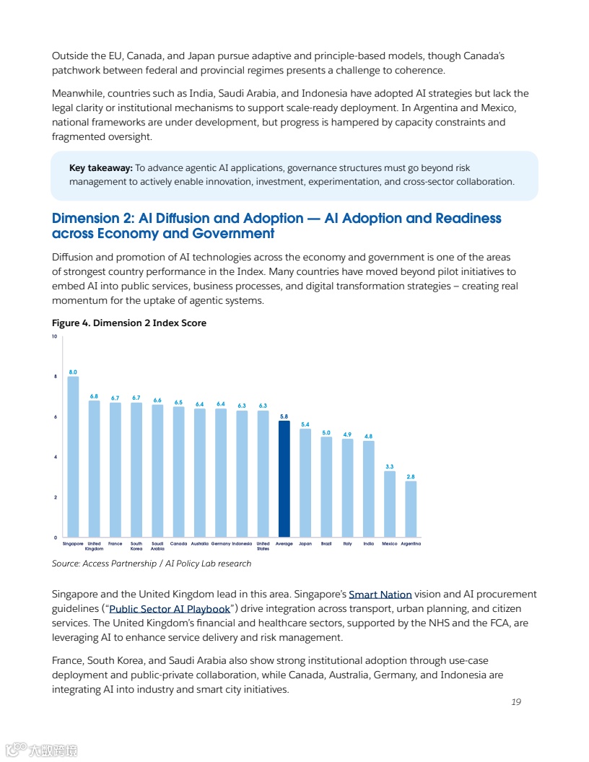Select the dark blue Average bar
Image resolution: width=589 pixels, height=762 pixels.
[x=284, y=479]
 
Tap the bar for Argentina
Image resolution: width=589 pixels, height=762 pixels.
[x=411, y=509]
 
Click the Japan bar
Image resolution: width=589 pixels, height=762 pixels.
[x=305, y=483]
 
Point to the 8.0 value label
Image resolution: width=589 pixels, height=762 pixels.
[x=73, y=372]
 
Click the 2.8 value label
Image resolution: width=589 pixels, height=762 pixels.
[x=411, y=476]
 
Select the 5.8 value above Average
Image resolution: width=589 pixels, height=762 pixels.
[x=284, y=416]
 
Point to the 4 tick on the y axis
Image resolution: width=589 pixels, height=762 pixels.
[x=54, y=457]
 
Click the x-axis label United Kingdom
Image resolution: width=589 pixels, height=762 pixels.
[x=94, y=546]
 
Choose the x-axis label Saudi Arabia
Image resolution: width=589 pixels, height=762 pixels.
[x=157, y=546]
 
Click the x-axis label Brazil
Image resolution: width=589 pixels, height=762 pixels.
[x=326, y=543]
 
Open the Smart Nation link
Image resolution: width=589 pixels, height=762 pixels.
[x=380, y=595]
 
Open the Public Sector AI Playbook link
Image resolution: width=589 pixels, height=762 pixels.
[x=169, y=609]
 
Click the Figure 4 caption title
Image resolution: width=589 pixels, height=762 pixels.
[x=129, y=323]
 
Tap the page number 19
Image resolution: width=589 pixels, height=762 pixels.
[x=515, y=702]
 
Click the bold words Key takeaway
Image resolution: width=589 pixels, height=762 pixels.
[x=101, y=168]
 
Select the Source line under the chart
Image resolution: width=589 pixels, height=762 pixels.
[x=152, y=564]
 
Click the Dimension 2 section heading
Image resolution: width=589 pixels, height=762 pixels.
[x=276, y=225]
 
